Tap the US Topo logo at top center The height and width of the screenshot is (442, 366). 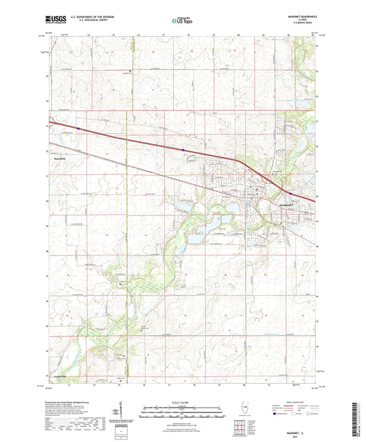point(182,21)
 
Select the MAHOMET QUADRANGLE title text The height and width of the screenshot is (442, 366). point(299,16)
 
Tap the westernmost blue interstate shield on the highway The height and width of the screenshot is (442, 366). point(78,128)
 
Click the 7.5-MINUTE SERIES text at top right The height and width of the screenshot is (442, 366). point(299,25)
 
